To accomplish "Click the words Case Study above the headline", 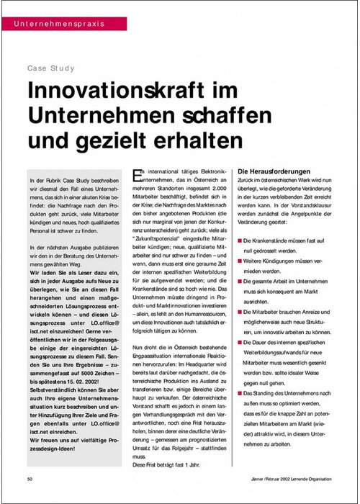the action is point(48,71).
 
